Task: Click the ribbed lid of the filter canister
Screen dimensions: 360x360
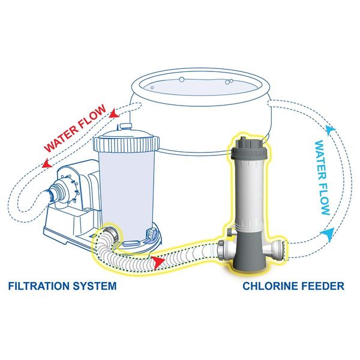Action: [126, 143]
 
